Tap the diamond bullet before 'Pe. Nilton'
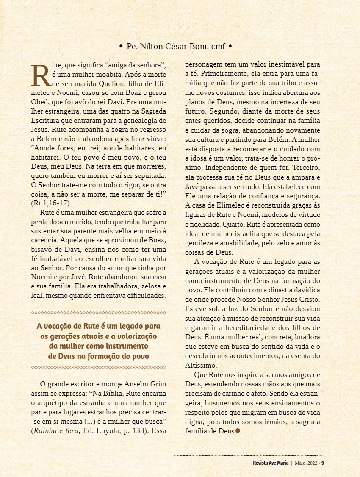[x=121, y=46]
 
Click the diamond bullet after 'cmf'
[x=230, y=46]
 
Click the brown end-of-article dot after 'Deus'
[x=238, y=431]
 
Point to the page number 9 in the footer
[x=322, y=462]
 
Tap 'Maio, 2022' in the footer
[x=306, y=462]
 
